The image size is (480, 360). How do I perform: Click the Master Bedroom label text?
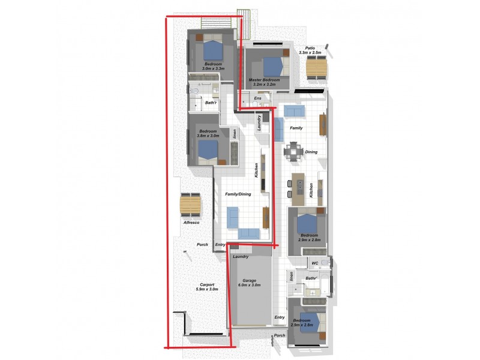(x=264, y=80)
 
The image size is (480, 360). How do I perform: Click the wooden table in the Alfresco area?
(x=190, y=206)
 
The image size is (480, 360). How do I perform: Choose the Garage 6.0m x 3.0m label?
(x=249, y=283)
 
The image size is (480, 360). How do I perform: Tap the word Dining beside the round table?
(x=311, y=152)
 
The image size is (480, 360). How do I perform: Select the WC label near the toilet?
(x=314, y=263)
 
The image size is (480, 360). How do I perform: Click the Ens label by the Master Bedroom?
(x=257, y=98)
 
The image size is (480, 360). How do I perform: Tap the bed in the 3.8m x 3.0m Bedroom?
(x=208, y=148)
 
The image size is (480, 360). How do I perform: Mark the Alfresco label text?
(x=191, y=223)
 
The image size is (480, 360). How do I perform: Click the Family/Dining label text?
(x=238, y=194)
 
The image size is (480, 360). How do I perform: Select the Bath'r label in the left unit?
(x=211, y=103)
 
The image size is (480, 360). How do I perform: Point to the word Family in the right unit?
(x=296, y=128)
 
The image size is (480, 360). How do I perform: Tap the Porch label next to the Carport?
(x=202, y=245)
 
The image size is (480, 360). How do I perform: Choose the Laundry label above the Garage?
(x=241, y=256)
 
